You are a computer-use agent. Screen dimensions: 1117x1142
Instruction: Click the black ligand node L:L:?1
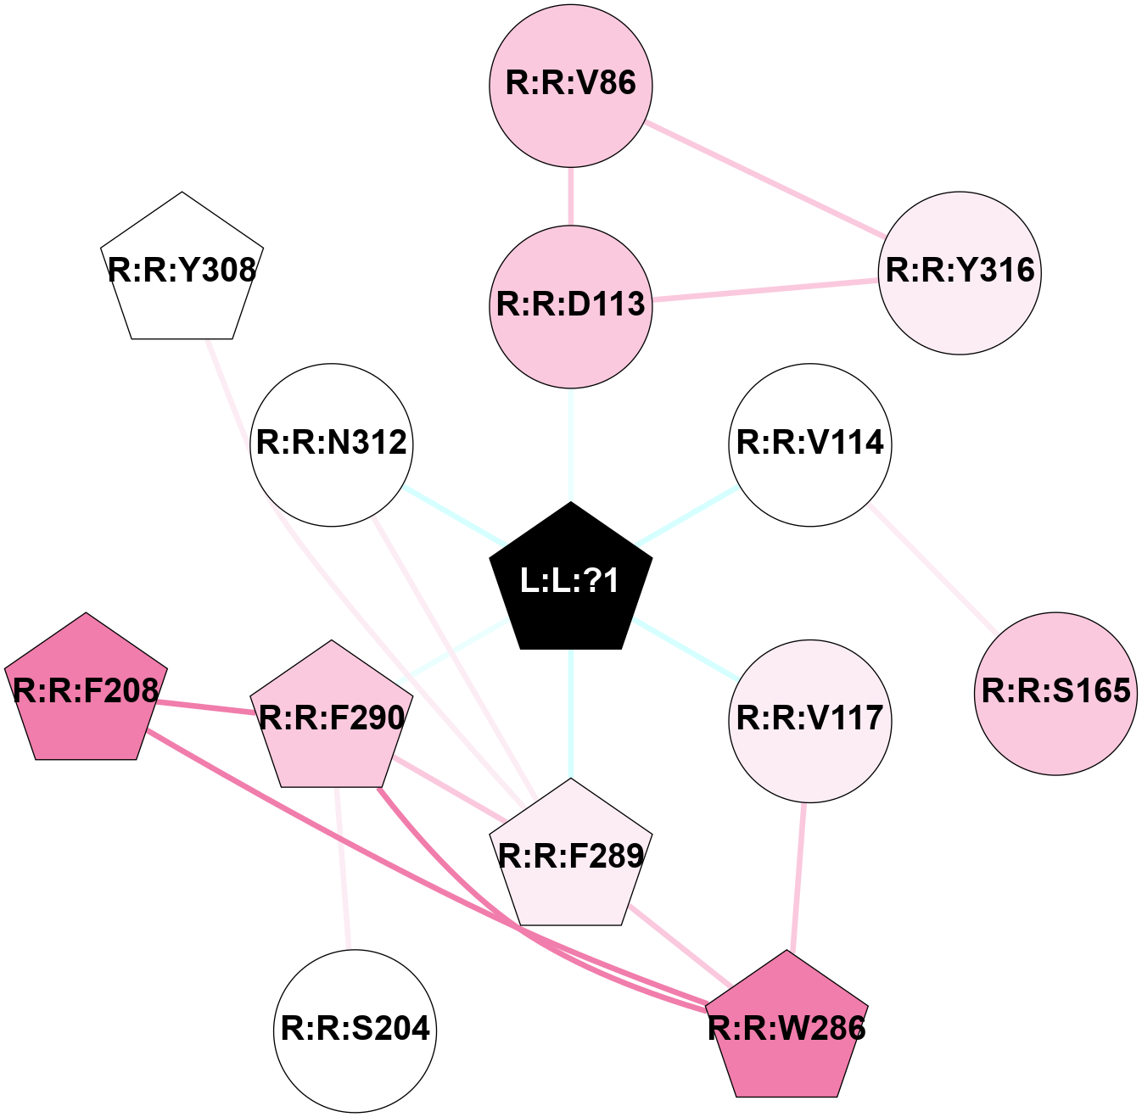coord(571,580)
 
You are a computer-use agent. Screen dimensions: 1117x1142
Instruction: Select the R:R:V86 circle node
coord(571,84)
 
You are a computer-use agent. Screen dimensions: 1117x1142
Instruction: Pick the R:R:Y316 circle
coord(960,272)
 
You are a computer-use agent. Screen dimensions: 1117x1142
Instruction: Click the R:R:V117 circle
coord(810,720)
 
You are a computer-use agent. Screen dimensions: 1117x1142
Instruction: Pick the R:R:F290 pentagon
coord(332,718)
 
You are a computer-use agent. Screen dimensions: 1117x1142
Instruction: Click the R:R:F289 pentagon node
coord(571,857)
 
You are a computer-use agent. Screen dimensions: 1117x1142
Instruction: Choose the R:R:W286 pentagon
coord(787,1029)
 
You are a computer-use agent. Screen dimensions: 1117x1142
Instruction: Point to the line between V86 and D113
coord(571,196)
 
